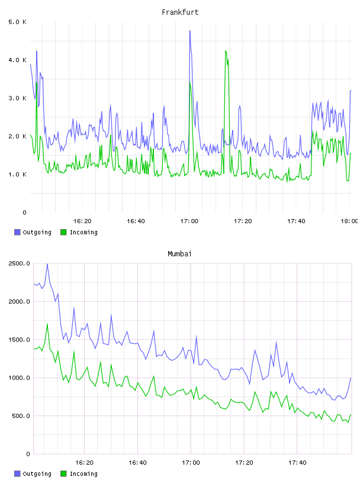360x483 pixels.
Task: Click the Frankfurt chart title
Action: pyautogui.click(x=180, y=12)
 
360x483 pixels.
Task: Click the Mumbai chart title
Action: pyautogui.click(x=179, y=254)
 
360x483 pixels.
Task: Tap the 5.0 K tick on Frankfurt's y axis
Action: pyautogui.click(x=17, y=22)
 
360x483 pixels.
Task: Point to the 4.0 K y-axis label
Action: pyautogui.click(x=17, y=60)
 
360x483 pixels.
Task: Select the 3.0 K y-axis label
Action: pyautogui.click(x=17, y=98)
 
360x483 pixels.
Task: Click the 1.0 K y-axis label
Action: pyautogui.click(x=17, y=175)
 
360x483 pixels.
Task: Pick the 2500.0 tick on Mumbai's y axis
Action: pyautogui.click(x=19, y=263)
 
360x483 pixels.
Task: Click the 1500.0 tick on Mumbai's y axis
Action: pyautogui.click(x=19, y=339)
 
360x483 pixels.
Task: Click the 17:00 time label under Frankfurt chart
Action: pyautogui.click(x=189, y=221)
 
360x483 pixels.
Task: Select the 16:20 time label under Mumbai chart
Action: pyautogui.click(x=84, y=463)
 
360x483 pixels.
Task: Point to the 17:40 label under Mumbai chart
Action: pyautogui.click(x=297, y=463)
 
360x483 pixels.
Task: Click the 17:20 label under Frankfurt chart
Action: pyautogui.click(x=243, y=221)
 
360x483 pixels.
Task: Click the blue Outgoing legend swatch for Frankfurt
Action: pyautogui.click(x=17, y=232)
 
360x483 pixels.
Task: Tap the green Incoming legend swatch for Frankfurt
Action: pyautogui.click(x=63, y=232)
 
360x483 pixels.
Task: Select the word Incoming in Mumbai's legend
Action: pyautogui.click(x=83, y=474)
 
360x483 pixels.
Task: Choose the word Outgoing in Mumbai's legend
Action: pyautogui.click(x=37, y=474)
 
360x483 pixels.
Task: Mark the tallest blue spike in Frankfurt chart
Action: pyautogui.click(x=190, y=31)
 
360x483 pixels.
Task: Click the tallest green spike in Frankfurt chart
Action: pyautogui.click(x=226, y=51)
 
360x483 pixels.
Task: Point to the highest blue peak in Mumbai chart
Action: pyautogui.click(x=47, y=264)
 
